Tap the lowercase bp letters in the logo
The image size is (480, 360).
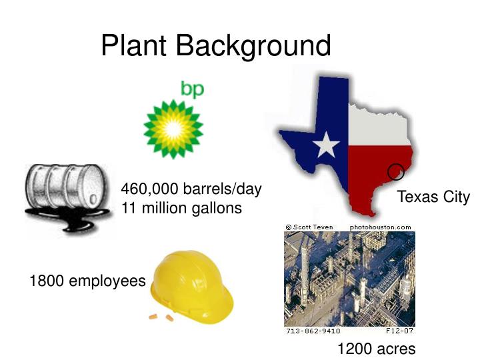pos(192,90)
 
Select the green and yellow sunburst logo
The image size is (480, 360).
pos(173,129)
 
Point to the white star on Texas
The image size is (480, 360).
pos(325,144)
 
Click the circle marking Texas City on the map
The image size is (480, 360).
pos(396,171)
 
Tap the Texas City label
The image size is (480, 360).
pos(433,197)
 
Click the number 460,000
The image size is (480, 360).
pos(148,189)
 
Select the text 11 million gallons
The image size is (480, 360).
pos(181,208)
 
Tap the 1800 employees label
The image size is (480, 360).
pos(87,281)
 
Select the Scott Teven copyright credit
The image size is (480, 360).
pos(309,227)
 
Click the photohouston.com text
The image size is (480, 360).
pos(380,227)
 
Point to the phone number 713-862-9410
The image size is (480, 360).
pos(313,331)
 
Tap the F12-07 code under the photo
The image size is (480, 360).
pos(400,331)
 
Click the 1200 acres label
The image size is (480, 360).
pos(376,349)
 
